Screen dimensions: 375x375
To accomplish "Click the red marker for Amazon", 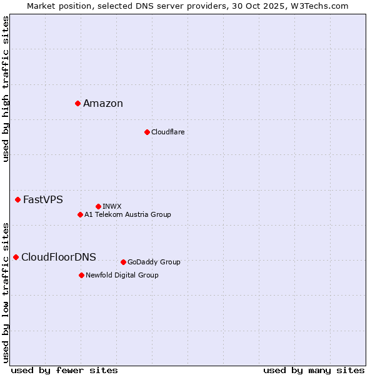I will click(77, 103).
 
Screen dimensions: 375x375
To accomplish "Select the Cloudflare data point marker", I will click(147, 132).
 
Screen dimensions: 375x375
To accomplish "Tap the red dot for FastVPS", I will click(17, 199).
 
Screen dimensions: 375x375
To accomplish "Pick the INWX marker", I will click(98, 206).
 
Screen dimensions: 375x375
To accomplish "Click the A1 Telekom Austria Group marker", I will click(80, 214).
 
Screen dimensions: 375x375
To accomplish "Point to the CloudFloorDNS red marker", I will click(16, 257).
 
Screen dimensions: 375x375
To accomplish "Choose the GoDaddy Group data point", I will click(123, 262).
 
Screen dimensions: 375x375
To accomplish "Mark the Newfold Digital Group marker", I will click(81, 275).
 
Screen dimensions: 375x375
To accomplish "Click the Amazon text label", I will click(103, 104).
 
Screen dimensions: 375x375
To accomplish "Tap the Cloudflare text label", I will click(167, 132).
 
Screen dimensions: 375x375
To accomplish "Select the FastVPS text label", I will click(43, 200).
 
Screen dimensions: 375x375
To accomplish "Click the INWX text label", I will click(112, 206).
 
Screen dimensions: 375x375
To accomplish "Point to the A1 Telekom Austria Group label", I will click(127, 214).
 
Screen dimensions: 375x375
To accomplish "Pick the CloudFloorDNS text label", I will click(59, 257).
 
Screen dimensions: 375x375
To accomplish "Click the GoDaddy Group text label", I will click(154, 262).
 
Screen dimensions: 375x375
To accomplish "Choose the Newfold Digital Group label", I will click(122, 275).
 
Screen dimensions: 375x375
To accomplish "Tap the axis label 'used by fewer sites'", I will click(64, 370).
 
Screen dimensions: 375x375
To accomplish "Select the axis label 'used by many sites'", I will click(314, 370).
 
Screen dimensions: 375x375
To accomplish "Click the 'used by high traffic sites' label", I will click(6, 89).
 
